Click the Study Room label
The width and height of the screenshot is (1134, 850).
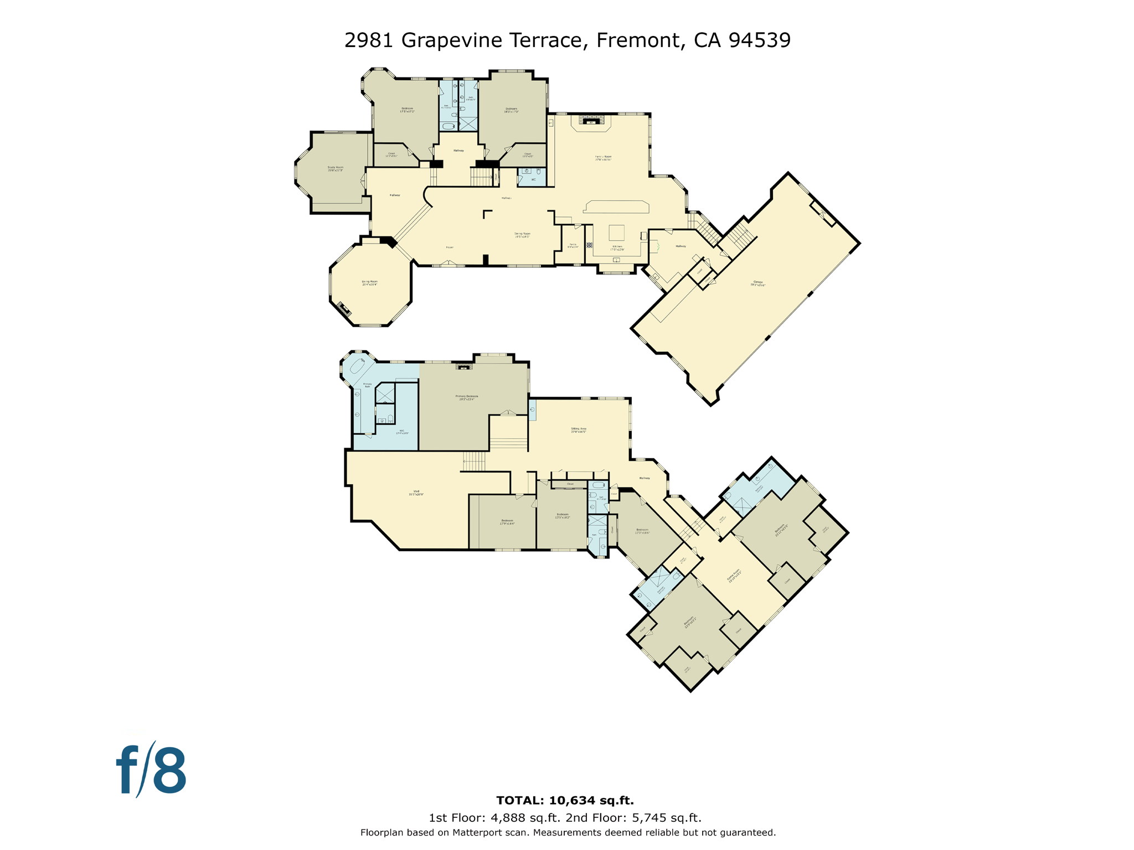click(x=335, y=168)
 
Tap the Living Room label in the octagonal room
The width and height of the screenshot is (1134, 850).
click(x=369, y=283)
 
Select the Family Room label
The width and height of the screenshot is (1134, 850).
click(x=603, y=158)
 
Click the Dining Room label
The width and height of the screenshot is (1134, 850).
click(x=522, y=235)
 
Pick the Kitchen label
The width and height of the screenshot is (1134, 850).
click(x=617, y=247)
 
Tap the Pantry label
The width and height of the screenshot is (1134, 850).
click(x=573, y=245)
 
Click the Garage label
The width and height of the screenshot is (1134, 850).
click(x=757, y=283)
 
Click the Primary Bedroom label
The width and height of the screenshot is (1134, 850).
click(x=467, y=397)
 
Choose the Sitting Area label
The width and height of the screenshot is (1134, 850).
click(x=578, y=429)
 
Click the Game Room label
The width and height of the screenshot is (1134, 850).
click(x=734, y=577)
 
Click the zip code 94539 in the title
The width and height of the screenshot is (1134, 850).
click(x=760, y=40)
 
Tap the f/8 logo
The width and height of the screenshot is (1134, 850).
click(x=151, y=770)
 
